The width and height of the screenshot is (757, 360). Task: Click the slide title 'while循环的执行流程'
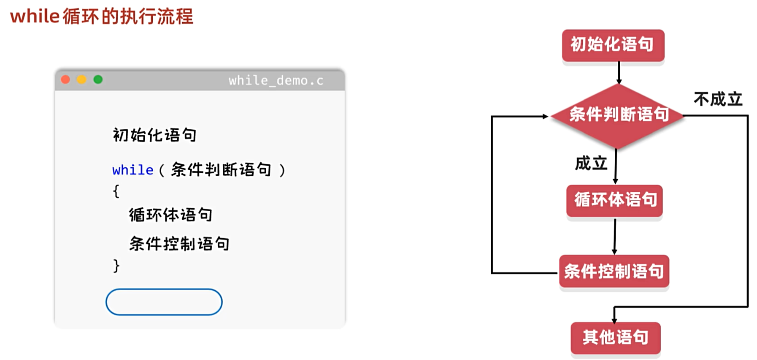point(102,17)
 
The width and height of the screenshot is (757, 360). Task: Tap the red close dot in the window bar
point(65,79)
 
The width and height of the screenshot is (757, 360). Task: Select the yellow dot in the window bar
point(81,79)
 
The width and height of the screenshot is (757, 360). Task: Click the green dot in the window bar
point(98,79)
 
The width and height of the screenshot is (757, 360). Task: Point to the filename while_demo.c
point(276,80)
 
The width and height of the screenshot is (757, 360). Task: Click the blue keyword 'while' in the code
point(132,170)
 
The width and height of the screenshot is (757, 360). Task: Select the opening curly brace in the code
point(116,191)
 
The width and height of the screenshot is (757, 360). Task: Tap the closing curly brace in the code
point(116,266)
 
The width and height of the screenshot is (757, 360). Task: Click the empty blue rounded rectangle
point(164,302)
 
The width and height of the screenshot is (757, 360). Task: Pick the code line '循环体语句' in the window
point(170,215)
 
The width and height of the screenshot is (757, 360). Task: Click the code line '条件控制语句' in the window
point(179,244)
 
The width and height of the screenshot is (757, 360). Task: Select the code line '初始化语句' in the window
point(154,135)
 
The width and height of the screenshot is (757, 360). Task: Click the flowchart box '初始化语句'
point(613,45)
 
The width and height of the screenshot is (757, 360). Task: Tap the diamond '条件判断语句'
point(618,115)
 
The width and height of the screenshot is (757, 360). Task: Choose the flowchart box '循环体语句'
point(614,200)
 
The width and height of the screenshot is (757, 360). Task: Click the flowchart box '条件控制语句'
point(614,271)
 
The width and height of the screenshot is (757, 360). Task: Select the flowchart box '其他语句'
point(615,338)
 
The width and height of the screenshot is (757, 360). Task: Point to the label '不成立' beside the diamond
point(718,99)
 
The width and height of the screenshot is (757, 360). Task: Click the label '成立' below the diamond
point(591,163)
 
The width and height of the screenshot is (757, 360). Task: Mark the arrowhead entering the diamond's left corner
point(545,116)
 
